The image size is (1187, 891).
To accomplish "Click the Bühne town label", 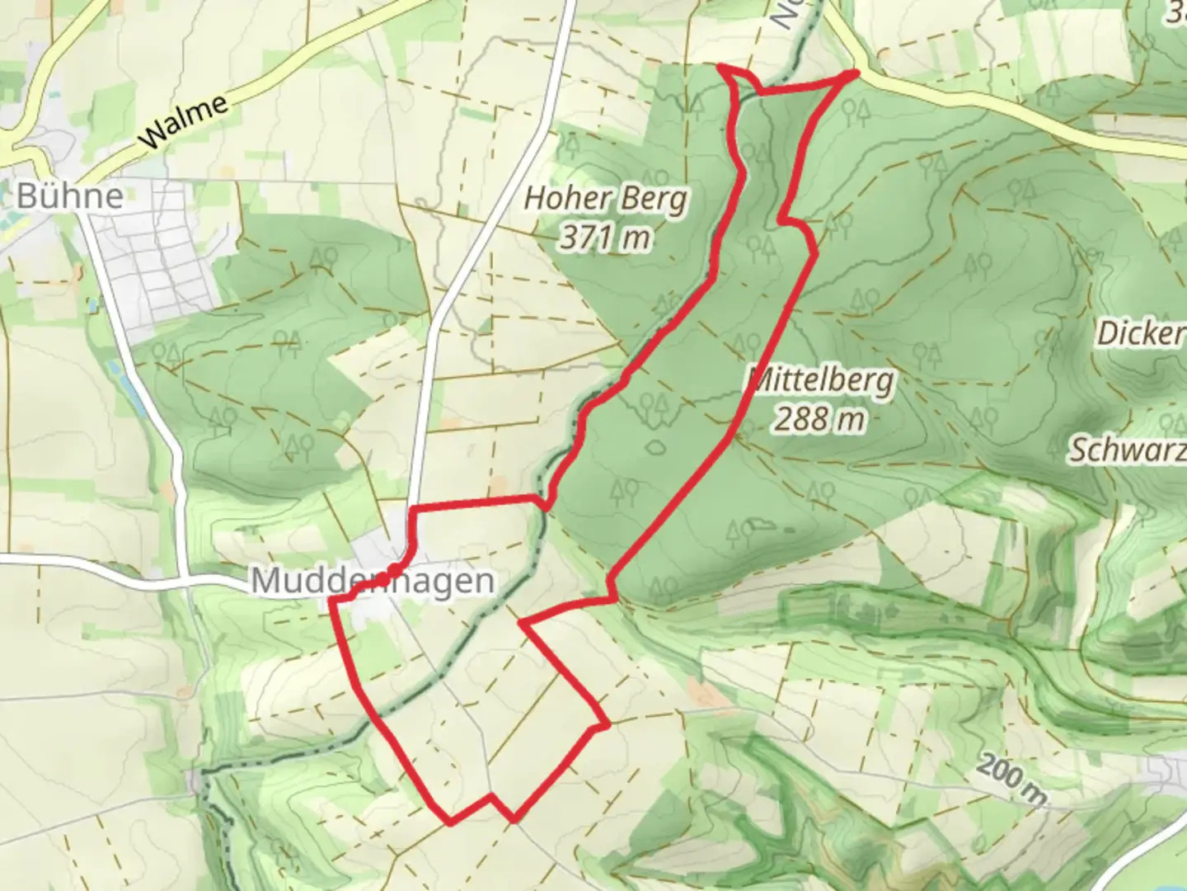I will [x=70, y=196].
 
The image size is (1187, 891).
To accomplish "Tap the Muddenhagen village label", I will [x=373, y=581].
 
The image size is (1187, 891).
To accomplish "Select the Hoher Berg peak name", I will [x=605, y=199].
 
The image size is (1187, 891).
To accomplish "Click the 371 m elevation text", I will [x=605, y=238].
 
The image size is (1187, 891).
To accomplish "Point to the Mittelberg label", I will [x=821, y=380].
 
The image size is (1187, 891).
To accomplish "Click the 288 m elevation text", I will [x=819, y=420].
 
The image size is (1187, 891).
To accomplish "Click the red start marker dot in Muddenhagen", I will [x=394, y=571].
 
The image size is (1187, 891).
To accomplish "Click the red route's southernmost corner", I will [x=514, y=819].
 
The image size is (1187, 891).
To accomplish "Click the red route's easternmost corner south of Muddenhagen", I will [x=608, y=725].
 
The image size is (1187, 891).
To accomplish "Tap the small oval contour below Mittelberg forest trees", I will [x=656, y=447].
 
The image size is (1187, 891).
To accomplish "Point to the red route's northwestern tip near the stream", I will [x=721, y=66].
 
